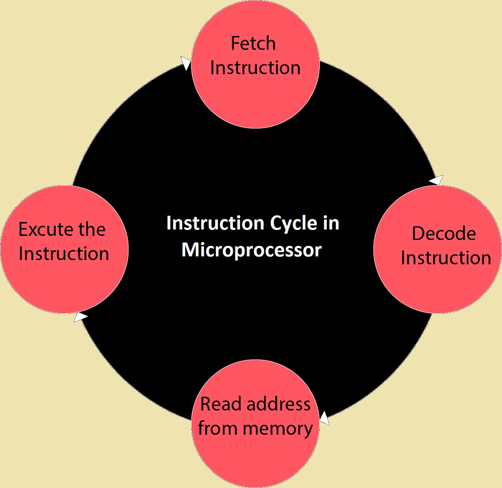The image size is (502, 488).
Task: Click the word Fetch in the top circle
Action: coord(253,44)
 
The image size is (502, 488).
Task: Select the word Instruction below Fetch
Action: coord(255,68)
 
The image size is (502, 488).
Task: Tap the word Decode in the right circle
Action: coord(444,233)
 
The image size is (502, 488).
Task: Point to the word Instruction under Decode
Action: coord(446,258)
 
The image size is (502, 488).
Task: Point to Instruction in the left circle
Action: coord(64,254)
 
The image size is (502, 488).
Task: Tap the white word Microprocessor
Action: coord(252,250)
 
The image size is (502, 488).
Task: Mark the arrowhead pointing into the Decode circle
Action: coord(436,179)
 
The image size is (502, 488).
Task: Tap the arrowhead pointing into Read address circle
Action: coord(324,418)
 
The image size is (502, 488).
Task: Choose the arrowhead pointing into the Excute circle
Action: coord(80,316)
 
